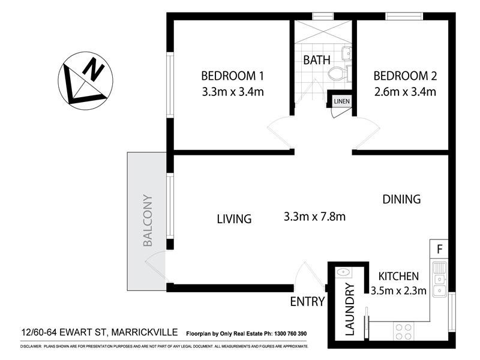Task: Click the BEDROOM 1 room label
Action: (x=232, y=76)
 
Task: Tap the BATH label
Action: (x=316, y=60)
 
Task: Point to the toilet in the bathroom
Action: (x=339, y=74)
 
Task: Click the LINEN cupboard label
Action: (x=341, y=101)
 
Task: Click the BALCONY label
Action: (x=148, y=221)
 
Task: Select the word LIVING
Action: (x=234, y=219)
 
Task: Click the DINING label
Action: (x=401, y=199)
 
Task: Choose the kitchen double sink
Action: (x=440, y=279)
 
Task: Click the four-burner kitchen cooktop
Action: (x=403, y=332)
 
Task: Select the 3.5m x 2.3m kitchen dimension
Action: (x=398, y=292)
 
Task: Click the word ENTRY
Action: (x=307, y=302)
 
